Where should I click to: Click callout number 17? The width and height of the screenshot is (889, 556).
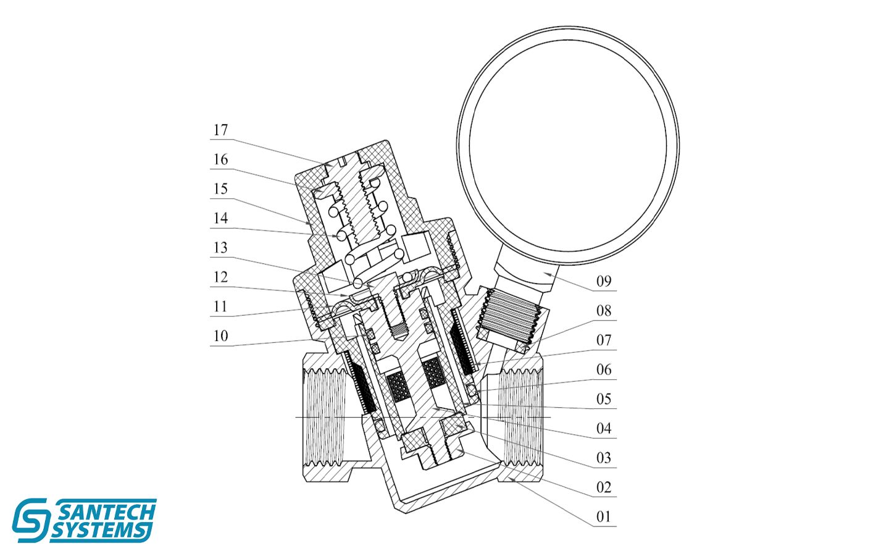[x=220, y=130]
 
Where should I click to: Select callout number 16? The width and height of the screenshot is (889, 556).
[x=220, y=159]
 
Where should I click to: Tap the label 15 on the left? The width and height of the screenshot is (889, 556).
[x=220, y=189]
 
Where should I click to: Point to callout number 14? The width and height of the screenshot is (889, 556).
[x=220, y=219]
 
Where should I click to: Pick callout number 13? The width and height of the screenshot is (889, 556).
[x=220, y=248]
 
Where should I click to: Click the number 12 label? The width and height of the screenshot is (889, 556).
[x=220, y=277]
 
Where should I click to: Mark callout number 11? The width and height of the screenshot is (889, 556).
[x=220, y=306]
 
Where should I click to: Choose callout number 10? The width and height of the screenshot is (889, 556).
[x=220, y=336]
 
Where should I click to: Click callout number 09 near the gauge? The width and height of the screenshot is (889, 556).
[x=604, y=282]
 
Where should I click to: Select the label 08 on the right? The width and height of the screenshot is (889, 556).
[x=604, y=311]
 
